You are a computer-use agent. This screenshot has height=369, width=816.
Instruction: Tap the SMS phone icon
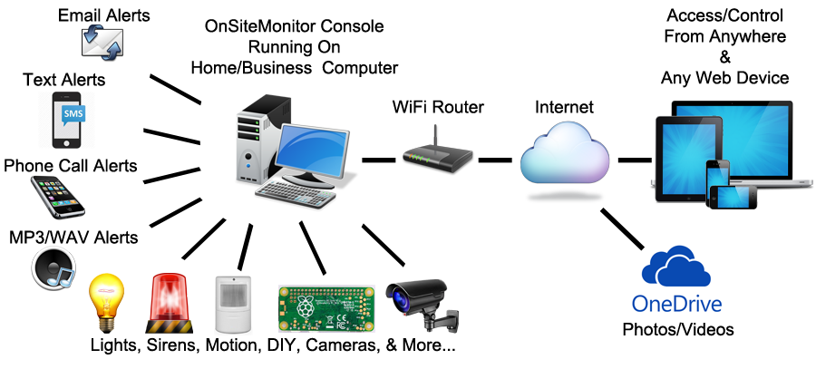click(x=66, y=118)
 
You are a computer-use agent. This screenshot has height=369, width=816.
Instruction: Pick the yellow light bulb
click(x=105, y=303)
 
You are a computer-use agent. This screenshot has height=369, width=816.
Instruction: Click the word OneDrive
click(x=675, y=303)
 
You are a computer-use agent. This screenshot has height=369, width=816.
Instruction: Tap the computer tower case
click(x=253, y=144)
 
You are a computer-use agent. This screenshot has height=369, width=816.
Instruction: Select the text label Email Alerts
click(x=104, y=15)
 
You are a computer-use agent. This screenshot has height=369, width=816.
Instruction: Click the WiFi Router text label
click(x=438, y=107)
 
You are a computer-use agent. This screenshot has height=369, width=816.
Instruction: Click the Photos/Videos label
click(x=677, y=329)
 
